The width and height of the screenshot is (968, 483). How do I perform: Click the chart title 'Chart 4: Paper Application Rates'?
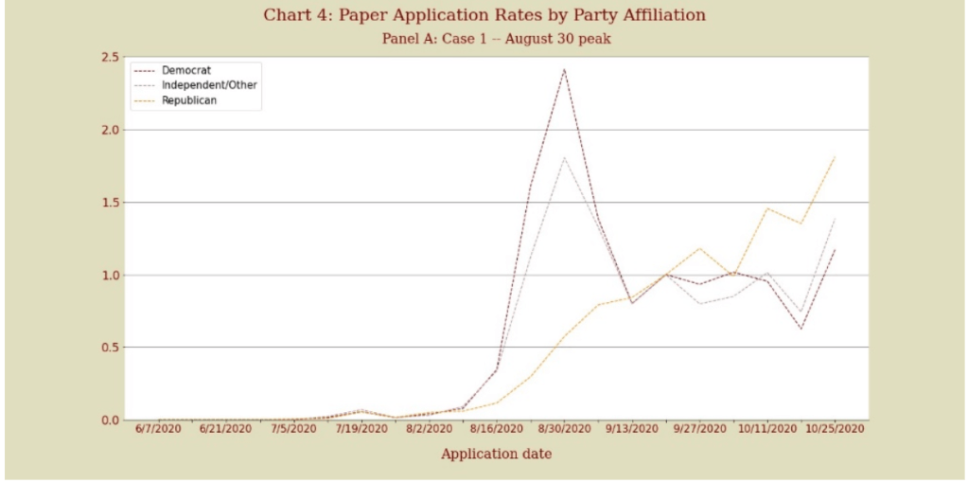[x=484, y=15]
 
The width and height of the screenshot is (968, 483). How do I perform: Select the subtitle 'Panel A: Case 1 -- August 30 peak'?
[x=484, y=39]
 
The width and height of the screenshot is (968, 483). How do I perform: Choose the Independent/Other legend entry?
[x=209, y=85]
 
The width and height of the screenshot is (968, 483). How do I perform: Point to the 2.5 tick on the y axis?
[x=109, y=58]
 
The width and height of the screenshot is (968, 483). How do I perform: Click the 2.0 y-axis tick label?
[x=109, y=130]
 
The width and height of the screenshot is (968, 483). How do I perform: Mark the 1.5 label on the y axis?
[x=109, y=203]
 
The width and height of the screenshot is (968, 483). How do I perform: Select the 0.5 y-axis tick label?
[x=109, y=348]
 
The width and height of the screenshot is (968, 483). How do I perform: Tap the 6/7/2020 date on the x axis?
[x=158, y=429]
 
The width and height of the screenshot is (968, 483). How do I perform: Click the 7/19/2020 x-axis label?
[x=361, y=429]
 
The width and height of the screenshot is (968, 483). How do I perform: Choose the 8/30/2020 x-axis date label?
[x=565, y=429]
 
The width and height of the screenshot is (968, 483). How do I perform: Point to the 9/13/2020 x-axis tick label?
[x=632, y=429]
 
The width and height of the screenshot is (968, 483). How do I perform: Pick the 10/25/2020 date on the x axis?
[x=835, y=429]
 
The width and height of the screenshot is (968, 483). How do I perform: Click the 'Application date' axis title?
[x=497, y=455]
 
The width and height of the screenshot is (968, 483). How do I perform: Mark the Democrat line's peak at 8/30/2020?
[x=564, y=69]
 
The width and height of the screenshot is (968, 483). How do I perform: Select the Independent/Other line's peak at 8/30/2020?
[x=564, y=157]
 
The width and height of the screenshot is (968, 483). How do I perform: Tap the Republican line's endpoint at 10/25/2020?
[x=835, y=156]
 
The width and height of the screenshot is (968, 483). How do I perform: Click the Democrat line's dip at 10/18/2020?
[x=801, y=329]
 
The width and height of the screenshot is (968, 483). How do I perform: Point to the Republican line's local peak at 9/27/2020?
[x=699, y=248]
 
